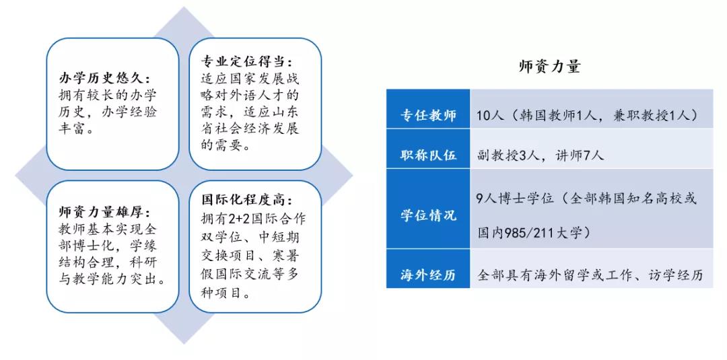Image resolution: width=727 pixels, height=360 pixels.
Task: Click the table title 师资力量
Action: pyautogui.click(x=549, y=67)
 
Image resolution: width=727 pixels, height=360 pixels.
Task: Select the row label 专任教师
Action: pyautogui.click(x=428, y=116)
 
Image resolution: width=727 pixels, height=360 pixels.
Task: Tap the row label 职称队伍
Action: pyautogui.click(x=428, y=155)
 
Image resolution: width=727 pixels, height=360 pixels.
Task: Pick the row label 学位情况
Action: pyautogui.click(x=428, y=215)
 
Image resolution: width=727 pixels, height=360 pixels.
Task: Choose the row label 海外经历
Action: pyautogui.click(x=428, y=275)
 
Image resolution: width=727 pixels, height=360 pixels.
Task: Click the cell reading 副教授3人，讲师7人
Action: pyautogui.click(x=541, y=155)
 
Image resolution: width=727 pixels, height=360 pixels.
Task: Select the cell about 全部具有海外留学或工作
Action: pyautogui.click(x=590, y=275)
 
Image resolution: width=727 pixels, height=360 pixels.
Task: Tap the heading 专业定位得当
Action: pyautogui.click(x=247, y=62)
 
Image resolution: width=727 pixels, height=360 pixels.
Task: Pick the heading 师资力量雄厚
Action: pyautogui.click(x=105, y=213)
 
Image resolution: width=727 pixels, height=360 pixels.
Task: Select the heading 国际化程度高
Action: pyautogui.click(x=247, y=201)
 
